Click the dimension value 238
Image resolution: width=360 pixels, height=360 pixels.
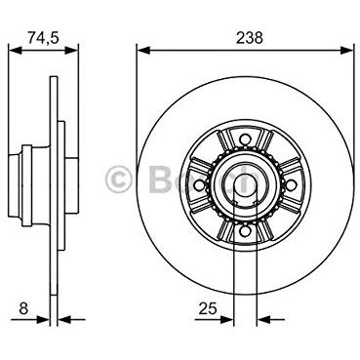pos(250,38)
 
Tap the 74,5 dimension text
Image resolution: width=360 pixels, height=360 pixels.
pos(43,38)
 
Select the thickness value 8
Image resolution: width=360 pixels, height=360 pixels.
pos(23,308)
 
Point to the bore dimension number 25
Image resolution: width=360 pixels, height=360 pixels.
pos(208,308)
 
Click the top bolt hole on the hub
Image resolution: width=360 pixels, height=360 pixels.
pos(245,140)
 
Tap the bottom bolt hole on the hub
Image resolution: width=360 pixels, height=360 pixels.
pos(245,231)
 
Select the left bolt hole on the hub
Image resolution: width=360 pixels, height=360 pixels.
pos(199,185)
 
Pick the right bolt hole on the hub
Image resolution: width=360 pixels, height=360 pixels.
pos(291,185)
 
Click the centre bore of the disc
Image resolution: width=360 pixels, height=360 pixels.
pos(245,185)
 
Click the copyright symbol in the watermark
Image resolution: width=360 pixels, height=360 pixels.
pos(118,180)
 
